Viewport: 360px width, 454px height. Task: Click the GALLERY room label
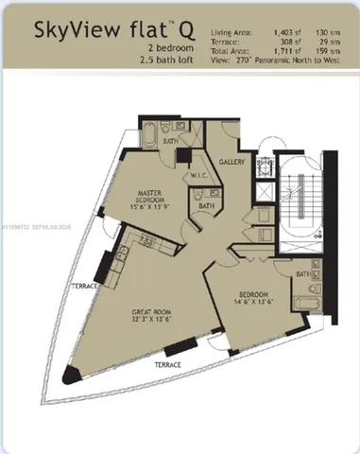tap(232, 162)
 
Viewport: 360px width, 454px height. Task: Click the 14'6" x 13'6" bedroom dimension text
tap(250, 303)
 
